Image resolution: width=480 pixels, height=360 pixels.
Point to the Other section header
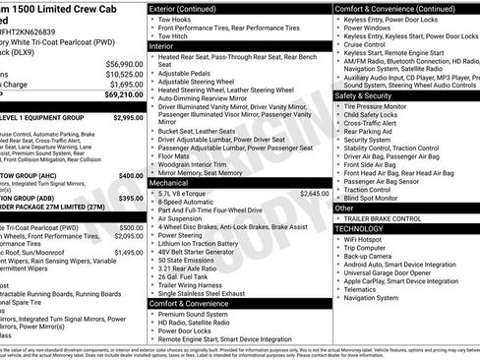point(345,208)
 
